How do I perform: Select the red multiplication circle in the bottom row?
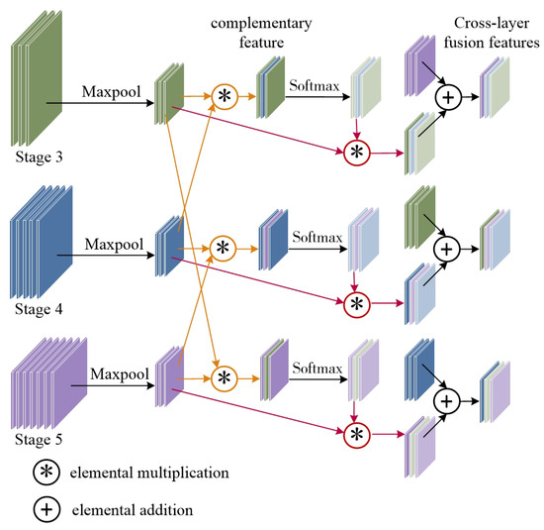pyautogui.click(x=354, y=434)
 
